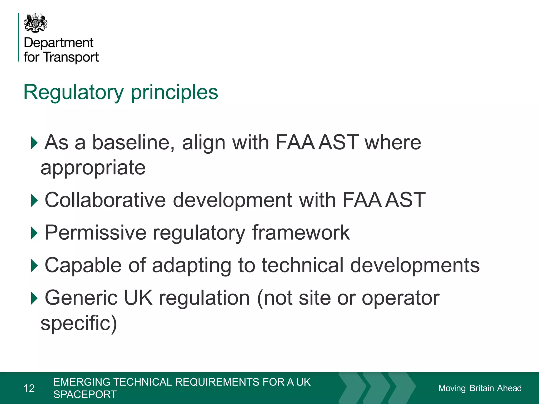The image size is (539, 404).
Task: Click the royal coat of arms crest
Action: tap(36, 23)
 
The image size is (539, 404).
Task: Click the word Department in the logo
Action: tap(58, 43)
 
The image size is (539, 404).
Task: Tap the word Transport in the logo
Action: tap(71, 57)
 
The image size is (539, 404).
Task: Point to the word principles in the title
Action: tap(174, 92)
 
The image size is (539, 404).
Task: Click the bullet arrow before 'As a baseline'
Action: tap(34, 143)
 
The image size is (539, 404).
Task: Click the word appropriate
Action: tap(93, 168)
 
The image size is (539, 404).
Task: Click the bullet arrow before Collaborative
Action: tap(34, 200)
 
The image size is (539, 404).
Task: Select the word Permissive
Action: tap(95, 233)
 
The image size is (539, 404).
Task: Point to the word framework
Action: tap(301, 233)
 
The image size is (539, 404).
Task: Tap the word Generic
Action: tap(81, 298)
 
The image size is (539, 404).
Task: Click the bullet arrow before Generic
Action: tap(34, 298)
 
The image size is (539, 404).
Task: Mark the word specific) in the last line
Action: tap(79, 323)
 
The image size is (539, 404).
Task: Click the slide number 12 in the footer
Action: tap(29, 388)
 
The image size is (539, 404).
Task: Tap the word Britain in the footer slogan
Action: tap(482, 388)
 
